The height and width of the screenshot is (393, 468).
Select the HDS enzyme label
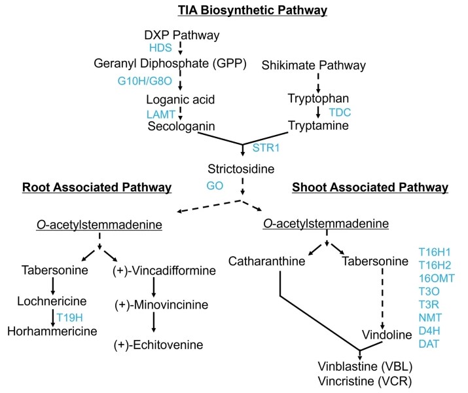pyautogui.click(x=161, y=48)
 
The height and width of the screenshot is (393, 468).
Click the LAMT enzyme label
pyautogui.click(x=160, y=113)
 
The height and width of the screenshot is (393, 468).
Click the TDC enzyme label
pyautogui.click(x=340, y=113)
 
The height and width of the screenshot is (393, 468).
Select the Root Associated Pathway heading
pyautogui.click(x=97, y=188)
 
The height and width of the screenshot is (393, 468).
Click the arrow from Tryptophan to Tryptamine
pyautogui.click(x=317, y=112)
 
